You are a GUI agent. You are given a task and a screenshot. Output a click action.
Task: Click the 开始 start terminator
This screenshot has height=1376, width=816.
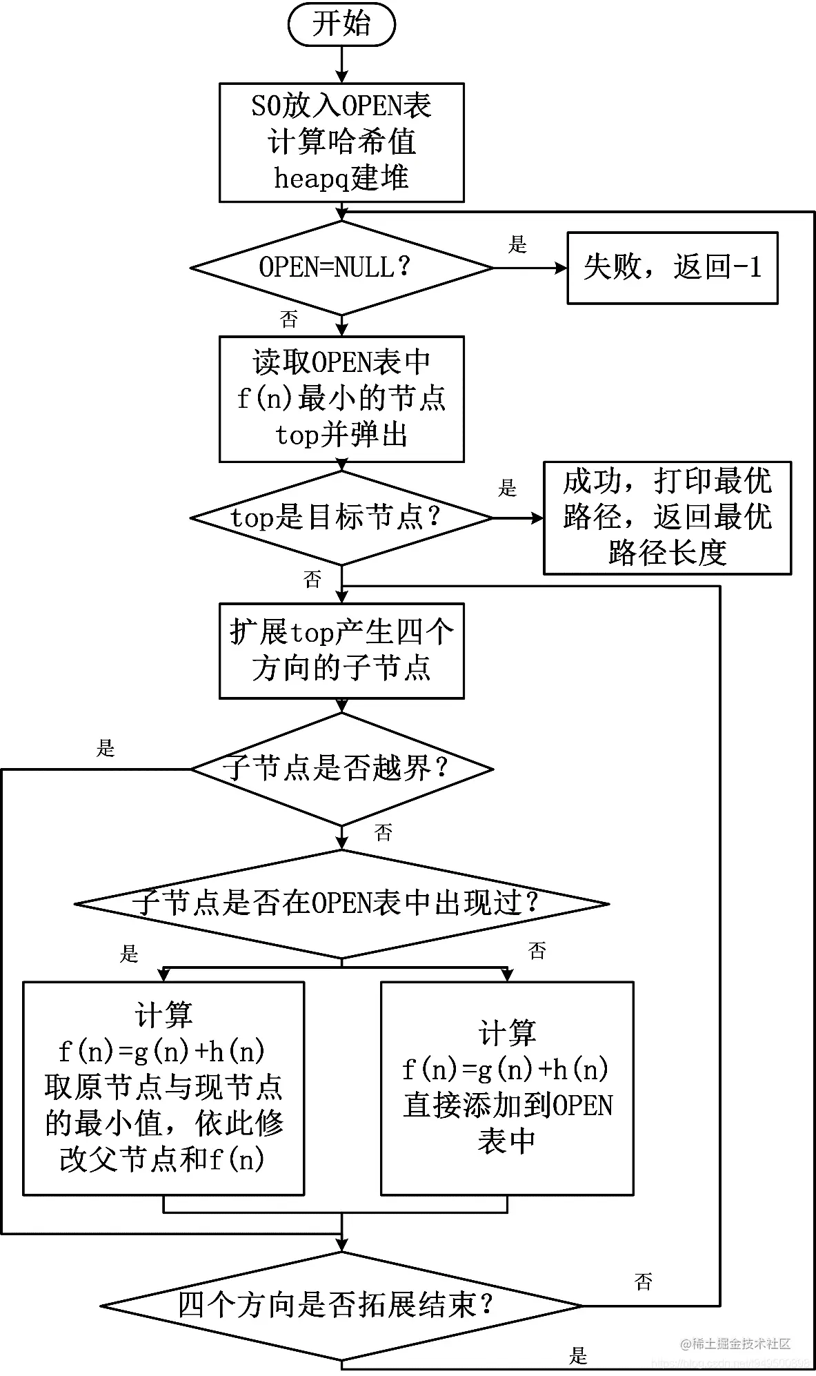point(341,24)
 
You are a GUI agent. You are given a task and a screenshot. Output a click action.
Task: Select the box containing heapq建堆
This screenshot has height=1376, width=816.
point(341,142)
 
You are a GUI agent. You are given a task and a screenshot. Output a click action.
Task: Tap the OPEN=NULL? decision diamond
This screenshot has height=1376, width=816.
point(341,267)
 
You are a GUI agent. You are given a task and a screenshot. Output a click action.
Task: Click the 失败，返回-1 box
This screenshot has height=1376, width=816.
point(672,267)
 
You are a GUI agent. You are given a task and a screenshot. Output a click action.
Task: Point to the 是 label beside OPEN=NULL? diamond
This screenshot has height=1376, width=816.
point(517,244)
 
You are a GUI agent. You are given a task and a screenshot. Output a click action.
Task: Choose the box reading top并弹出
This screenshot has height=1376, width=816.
point(341,399)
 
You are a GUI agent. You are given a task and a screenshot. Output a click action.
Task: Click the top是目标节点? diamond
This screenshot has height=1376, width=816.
point(341,518)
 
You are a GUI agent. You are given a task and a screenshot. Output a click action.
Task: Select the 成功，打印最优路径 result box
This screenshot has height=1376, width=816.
point(667,518)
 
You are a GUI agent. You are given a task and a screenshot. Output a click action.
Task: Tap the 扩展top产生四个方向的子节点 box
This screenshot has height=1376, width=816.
point(341,651)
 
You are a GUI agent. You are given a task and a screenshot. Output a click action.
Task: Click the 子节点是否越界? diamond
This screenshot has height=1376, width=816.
point(341,769)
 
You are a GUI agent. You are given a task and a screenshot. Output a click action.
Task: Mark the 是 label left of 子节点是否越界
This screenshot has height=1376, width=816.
point(106,748)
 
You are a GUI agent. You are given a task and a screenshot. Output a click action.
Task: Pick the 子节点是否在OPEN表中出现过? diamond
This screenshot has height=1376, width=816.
point(341,903)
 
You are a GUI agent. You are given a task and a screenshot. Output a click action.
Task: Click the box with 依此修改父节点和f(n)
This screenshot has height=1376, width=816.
point(163,1088)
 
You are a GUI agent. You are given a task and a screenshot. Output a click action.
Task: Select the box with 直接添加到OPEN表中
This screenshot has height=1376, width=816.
point(507,1088)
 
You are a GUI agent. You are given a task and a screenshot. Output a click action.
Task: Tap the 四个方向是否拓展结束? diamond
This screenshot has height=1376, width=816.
point(341,1305)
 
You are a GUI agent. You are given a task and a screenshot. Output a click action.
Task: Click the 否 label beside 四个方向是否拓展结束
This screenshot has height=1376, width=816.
point(643,1282)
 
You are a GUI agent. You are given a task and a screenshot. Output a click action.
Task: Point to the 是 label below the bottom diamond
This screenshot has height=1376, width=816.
point(578,1355)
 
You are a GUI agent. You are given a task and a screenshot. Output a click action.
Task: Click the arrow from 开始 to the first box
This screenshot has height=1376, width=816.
point(341,65)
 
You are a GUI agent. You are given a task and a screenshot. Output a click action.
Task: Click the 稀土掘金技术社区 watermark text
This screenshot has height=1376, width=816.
point(737,1343)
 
